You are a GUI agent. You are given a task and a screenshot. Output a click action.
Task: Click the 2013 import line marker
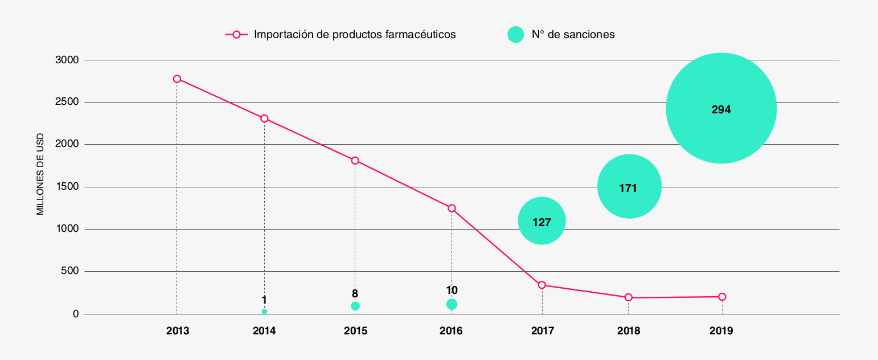[177, 79]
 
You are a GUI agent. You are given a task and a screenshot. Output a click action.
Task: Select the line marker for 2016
[452, 208]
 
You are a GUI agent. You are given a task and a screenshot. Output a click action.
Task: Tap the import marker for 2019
[722, 297]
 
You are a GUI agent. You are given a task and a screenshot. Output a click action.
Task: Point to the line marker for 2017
[542, 285]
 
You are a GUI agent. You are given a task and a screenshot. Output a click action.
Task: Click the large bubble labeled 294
[721, 108]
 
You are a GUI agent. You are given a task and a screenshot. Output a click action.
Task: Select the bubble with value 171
[629, 186]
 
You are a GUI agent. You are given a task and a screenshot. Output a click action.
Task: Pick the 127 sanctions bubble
[542, 221]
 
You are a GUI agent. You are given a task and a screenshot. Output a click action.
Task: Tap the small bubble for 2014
[264, 312]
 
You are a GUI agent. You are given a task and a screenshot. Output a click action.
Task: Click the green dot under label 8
[355, 306]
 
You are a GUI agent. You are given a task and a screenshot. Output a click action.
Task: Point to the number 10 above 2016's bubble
[452, 291]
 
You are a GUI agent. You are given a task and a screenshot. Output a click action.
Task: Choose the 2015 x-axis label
[355, 331]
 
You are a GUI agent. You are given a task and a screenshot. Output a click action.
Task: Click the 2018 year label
[629, 331]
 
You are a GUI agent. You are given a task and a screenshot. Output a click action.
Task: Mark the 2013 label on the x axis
[177, 331]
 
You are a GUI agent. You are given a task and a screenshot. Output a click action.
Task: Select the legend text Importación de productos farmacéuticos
[355, 34]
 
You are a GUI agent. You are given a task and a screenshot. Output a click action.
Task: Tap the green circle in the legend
[515, 34]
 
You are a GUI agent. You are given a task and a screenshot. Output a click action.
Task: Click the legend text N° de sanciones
[573, 34]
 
